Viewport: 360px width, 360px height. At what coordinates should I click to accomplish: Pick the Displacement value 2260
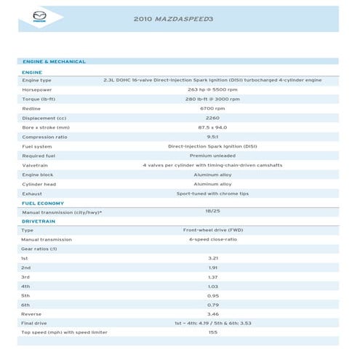pos(212,118)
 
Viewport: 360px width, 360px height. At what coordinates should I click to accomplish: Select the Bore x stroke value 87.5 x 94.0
pos(212,127)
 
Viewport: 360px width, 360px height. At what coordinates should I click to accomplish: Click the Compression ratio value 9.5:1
pos(212,137)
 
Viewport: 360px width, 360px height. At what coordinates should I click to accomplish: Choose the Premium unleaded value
pos(212,156)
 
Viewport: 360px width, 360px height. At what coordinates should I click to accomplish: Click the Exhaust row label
pos(32,193)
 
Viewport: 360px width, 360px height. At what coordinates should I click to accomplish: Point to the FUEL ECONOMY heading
pos(43,203)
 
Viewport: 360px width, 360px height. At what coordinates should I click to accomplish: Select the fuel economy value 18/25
pos(212,212)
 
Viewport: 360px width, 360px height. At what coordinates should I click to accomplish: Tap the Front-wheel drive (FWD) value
pos(212,230)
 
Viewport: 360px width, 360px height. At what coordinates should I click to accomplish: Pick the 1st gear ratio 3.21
pos(212,258)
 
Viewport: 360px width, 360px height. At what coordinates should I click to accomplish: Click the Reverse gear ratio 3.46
pos(212,314)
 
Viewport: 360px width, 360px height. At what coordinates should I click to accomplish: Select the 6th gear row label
pos(25,305)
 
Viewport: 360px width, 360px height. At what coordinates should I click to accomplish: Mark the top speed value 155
pos(212,332)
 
